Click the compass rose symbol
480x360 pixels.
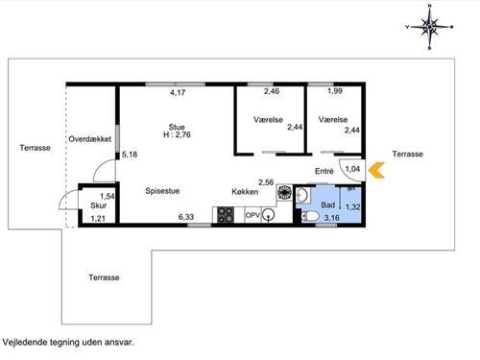click(x=429, y=27)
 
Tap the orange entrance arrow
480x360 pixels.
click(x=376, y=170)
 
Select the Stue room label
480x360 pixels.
click(x=177, y=127)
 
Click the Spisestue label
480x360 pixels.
click(x=162, y=191)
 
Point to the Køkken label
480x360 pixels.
click(x=245, y=192)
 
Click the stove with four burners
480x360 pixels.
click(x=226, y=215)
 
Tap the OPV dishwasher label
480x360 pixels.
click(x=252, y=215)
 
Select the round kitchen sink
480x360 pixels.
click(x=268, y=215)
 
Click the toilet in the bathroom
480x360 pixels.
click(x=310, y=216)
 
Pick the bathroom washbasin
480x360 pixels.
click(x=302, y=195)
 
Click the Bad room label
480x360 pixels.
click(x=328, y=205)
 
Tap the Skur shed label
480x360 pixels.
click(x=98, y=205)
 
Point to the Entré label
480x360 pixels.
click(x=324, y=171)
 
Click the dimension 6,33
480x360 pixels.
click(x=186, y=217)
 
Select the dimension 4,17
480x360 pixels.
click(x=178, y=93)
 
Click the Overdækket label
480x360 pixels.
click(x=90, y=139)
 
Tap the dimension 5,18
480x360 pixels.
click(x=130, y=155)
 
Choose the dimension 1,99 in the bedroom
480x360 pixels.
click(x=335, y=91)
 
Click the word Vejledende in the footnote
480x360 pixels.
click(x=25, y=342)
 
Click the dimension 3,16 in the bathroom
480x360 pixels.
click(x=331, y=218)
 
